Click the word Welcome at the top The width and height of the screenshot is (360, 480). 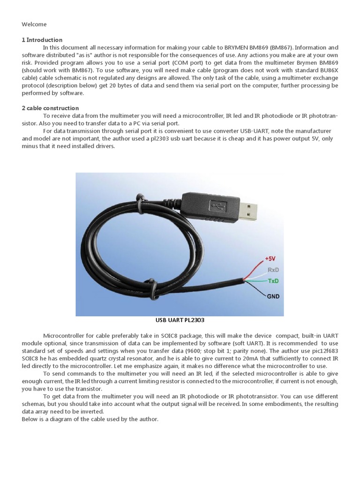coord(34,24)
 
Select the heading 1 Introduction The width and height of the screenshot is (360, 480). coord(42,40)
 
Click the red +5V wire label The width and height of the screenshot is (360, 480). coord(271,259)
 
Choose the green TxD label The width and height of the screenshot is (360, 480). coord(273,281)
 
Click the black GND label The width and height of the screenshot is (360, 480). coord(274,297)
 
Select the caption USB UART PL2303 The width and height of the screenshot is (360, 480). coord(180,321)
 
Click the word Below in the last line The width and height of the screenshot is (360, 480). coord(30,419)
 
